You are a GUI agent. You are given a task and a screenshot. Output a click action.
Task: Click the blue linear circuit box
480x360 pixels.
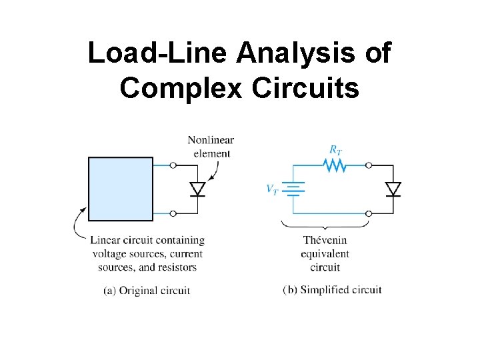click(121, 189)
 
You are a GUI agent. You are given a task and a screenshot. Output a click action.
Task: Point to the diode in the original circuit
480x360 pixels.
click(197, 189)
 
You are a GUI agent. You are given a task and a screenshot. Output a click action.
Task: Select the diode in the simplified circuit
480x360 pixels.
click(393, 189)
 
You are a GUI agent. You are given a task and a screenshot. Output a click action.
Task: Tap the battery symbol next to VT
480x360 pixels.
click(293, 189)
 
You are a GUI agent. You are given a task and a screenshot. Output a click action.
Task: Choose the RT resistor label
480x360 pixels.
click(335, 149)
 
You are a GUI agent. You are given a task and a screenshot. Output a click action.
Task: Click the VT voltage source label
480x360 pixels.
click(273, 189)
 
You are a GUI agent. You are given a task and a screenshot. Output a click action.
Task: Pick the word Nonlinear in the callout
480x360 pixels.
click(211, 140)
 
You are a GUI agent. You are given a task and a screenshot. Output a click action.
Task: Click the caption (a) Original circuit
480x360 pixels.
click(147, 290)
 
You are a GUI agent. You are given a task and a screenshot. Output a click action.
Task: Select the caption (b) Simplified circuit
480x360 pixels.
click(332, 289)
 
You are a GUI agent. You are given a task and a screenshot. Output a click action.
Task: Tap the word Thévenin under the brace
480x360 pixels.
click(325, 240)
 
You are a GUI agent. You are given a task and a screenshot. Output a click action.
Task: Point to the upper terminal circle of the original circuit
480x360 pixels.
click(173, 165)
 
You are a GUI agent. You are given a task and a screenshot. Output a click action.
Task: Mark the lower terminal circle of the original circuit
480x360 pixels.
click(173, 213)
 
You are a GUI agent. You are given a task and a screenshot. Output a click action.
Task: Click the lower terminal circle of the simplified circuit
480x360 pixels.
click(368, 213)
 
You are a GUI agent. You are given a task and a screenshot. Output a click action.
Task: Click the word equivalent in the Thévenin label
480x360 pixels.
click(325, 254)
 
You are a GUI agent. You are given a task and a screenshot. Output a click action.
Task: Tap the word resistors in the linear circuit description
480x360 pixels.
click(176, 267)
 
